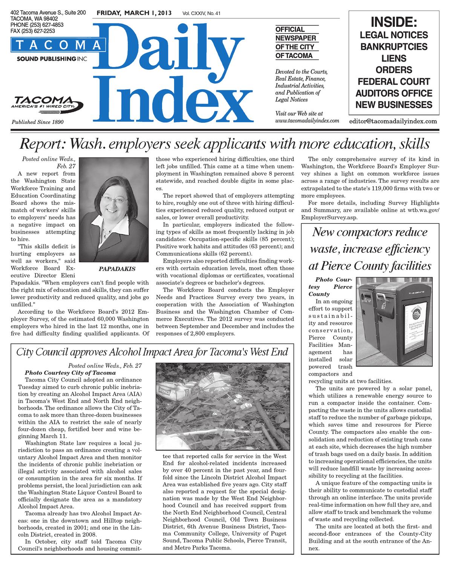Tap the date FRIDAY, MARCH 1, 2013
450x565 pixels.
click(x=134, y=14)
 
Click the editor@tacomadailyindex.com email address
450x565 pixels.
click(x=393, y=121)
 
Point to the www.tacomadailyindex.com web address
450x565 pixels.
click(x=308, y=121)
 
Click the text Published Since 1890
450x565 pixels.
click(x=38, y=122)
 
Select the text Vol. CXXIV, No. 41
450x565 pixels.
click(x=201, y=14)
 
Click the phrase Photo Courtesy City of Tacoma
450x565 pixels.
click(x=65, y=373)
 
